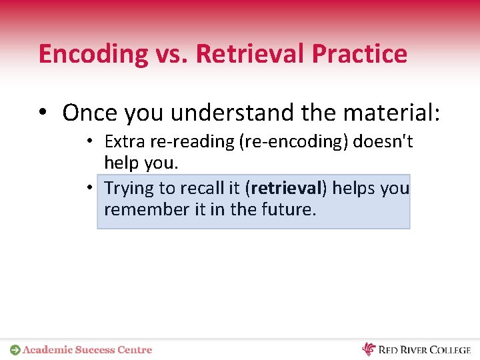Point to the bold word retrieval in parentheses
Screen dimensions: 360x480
point(285,188)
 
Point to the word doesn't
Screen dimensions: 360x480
point(383,141)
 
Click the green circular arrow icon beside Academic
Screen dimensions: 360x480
point(15,349)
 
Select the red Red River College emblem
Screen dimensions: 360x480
point(369,349)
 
